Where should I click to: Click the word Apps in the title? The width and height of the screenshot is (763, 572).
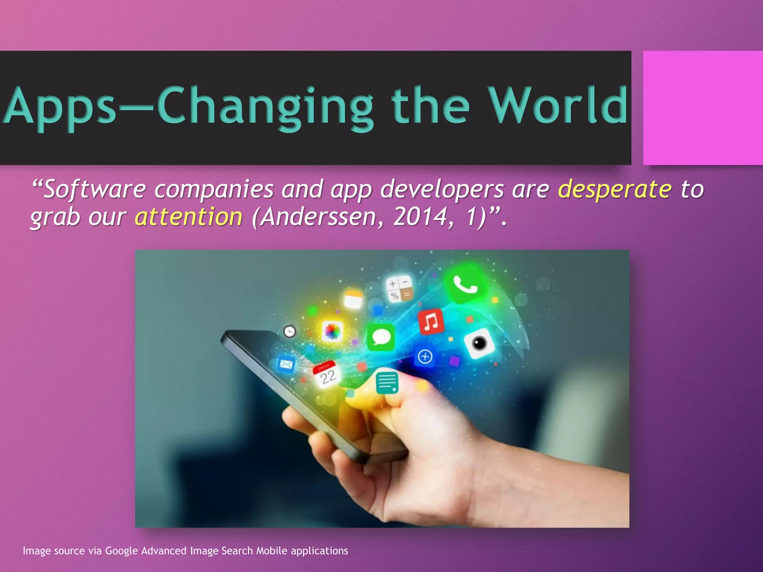[x=60, y=106]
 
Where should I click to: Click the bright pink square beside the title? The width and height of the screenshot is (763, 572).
[x=703, y=108]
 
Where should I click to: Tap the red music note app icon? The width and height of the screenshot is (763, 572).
[x=431, y=321]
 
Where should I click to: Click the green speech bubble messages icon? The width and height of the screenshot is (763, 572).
[x=381, y=337]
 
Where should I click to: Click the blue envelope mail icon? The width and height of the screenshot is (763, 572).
[x=286, y=364]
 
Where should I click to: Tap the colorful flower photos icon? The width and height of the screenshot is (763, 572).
[x=332, y=331]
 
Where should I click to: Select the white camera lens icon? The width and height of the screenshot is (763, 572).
[x=479, y=343]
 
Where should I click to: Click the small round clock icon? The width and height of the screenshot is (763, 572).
[x=289, y=331]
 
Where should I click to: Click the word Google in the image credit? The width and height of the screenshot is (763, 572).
[x=121, y=551]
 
